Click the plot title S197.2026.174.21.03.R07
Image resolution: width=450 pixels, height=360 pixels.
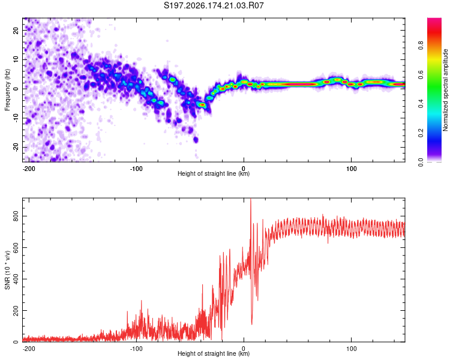[214, 5]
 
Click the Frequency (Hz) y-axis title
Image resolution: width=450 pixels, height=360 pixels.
[7, 90]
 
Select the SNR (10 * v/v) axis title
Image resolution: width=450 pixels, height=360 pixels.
[7, 270]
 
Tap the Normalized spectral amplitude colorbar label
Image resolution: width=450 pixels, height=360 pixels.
[445, 90]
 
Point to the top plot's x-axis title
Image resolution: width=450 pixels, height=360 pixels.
[214, 173]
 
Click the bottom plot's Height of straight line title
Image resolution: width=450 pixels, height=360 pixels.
[214, 353]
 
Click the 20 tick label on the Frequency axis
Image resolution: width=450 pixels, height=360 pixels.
[16, 30]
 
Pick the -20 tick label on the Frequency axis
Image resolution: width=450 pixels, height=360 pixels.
[16, 147]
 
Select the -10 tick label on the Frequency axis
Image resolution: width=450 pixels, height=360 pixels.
[16, 118]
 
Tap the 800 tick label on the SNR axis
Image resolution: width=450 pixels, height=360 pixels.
[16, 216]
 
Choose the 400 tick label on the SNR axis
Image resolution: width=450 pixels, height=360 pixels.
[16, 279]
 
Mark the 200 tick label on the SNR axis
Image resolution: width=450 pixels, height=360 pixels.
[16, 310]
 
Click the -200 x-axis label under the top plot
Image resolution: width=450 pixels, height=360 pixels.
[29, 169]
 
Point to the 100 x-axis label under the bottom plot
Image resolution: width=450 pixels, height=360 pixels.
[351, 349]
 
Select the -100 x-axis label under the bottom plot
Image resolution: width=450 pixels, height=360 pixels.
[136, 349]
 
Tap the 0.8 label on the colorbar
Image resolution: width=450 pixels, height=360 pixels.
[421, 46]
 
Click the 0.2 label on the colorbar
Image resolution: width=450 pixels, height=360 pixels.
[421, 133]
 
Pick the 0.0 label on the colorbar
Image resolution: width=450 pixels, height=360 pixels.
[421, 162]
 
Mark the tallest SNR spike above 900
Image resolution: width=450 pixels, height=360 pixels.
[251, 200]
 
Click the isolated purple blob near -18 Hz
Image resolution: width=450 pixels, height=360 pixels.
[196, 140]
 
